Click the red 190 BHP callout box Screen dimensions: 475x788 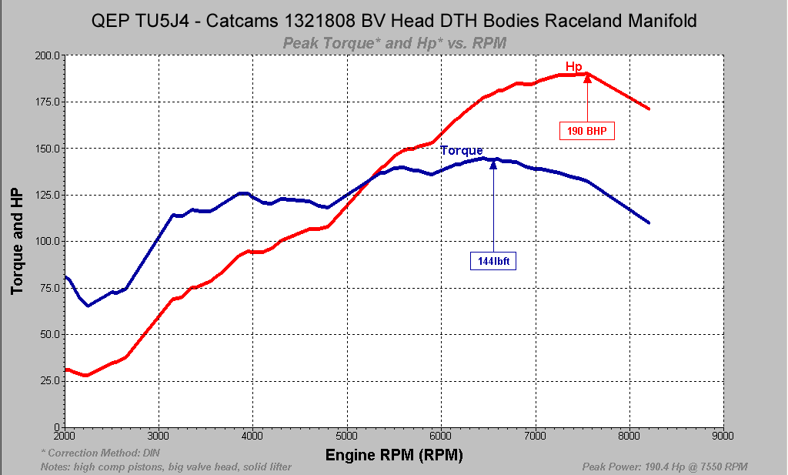[x=587, y=130]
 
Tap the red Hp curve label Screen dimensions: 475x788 [x=574, y=66]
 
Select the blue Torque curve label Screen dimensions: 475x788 [x=462, y=150]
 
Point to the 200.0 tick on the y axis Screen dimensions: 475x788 [x=47, y=55]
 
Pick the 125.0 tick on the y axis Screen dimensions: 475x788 [x=47, y=195]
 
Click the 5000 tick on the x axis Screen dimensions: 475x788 [x=347, y=435]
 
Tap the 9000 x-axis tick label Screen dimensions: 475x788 [x=723, y=435]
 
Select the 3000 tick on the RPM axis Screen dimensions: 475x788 [x=159, y=435]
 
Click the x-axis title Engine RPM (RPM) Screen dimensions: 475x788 [x=394, y=455]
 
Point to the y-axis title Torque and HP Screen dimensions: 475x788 [x=16, y=241]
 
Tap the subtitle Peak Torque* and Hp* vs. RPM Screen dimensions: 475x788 [x=394, y=43]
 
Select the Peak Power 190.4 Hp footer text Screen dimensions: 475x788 [x=666, y=467]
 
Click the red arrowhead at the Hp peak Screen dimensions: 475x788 [x=587, y=77]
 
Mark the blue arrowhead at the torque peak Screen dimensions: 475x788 [x=492, y=163]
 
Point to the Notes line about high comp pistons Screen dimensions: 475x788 [x=165, y=467]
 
